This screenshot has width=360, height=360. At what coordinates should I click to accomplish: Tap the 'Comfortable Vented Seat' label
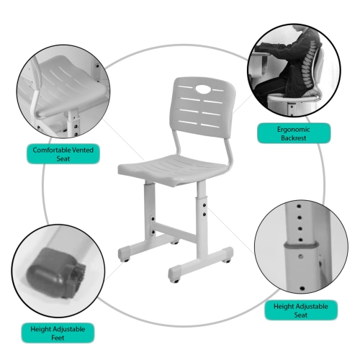point(63,154)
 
